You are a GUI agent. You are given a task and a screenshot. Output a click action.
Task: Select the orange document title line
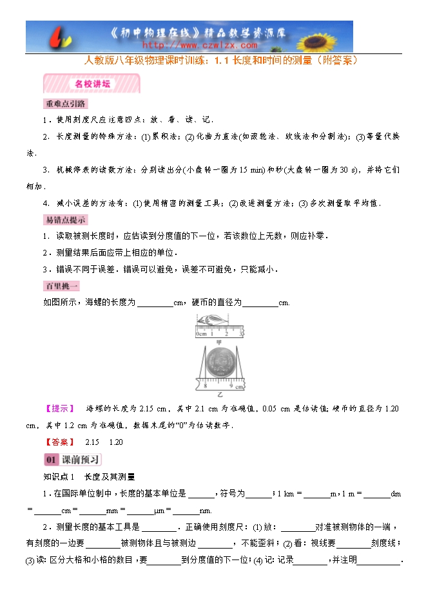click(221, 62)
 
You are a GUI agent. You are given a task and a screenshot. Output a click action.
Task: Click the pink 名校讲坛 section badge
click(91, 84)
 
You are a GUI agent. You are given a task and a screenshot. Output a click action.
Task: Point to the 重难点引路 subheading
click(65, 104)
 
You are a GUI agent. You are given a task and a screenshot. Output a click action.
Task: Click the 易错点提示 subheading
click(65, 220)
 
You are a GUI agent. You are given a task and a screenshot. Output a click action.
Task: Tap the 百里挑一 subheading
click(61, 287)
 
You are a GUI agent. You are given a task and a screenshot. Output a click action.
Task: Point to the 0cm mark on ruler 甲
click(201, 334)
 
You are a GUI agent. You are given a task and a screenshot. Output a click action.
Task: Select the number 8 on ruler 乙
click(206, 386)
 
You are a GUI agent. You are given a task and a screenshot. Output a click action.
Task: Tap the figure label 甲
click(218, 343)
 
